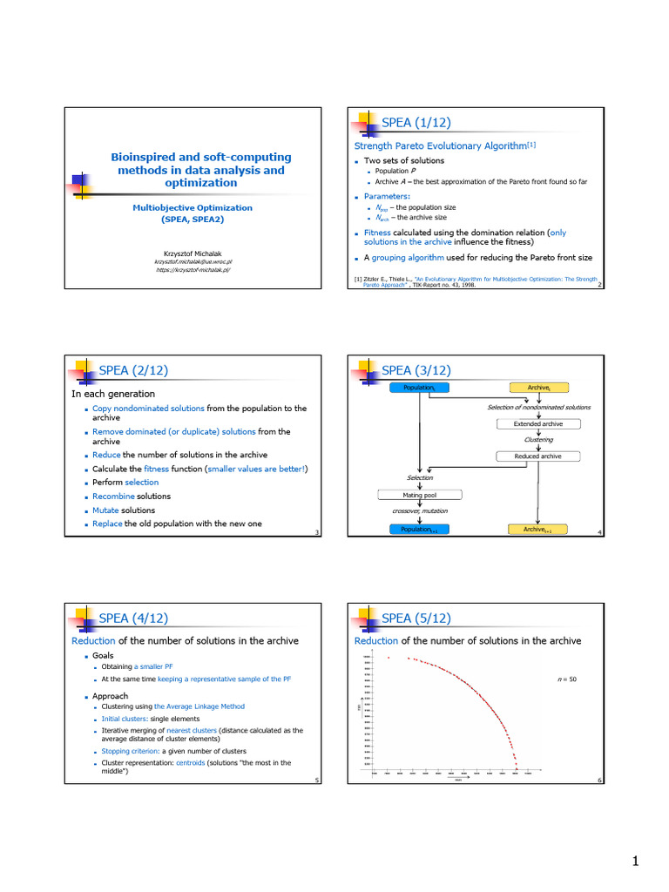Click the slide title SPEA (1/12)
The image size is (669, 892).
tap(416, 123)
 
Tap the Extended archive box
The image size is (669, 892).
tap(537, 424)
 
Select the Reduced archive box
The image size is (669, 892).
tap(537, 456)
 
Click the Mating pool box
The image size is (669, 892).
tap(419, 495)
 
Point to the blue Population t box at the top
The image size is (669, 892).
tap(419, 387)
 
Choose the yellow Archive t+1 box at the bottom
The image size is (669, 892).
tap(537, 529)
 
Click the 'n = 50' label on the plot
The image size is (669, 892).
tap(566, 678)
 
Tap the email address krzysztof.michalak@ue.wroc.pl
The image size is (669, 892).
tap(192, 261)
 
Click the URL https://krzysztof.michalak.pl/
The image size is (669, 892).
tap(192, 270)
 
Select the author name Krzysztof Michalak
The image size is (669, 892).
tap(192, 253)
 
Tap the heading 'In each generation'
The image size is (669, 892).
tap(113, 394)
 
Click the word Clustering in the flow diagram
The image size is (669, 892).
tap(538, 440)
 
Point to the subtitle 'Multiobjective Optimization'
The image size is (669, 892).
tap(193, 207)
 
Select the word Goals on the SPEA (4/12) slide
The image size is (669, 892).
tap(103, 655)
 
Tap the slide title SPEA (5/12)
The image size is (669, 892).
tap(416, 618)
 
